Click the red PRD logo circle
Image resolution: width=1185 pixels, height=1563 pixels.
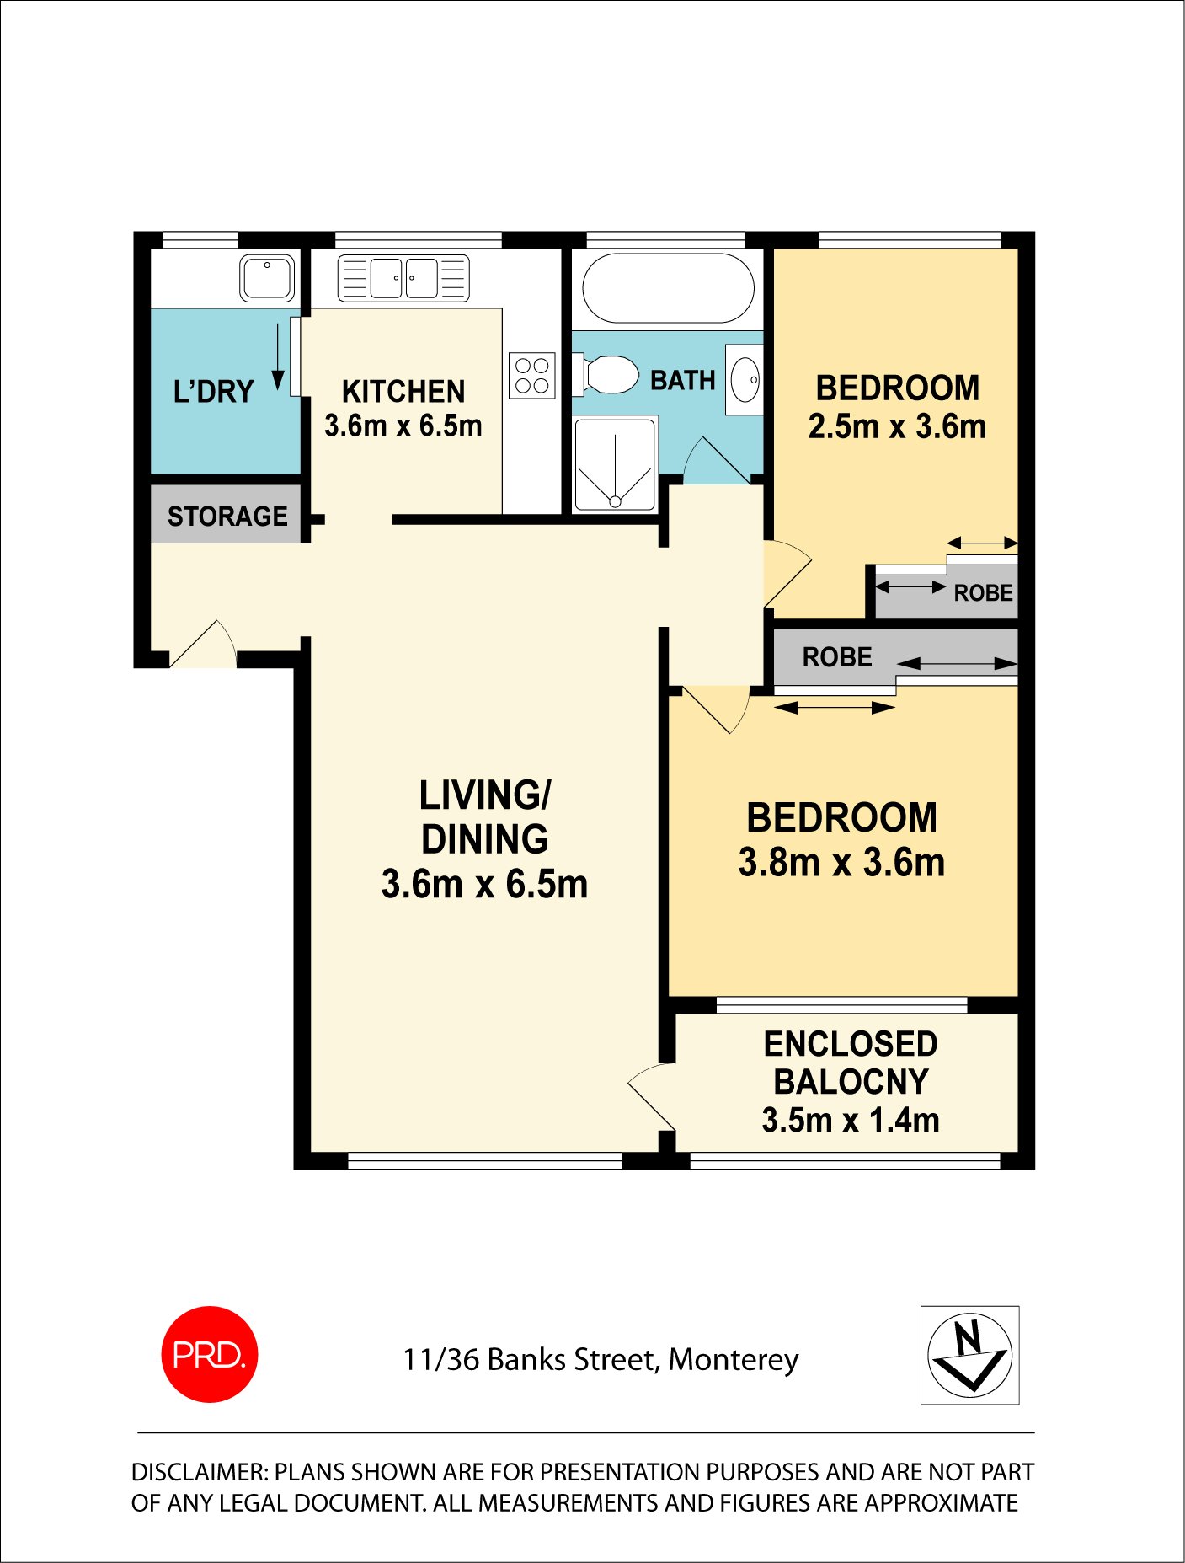pyautogui.click(x=209, y=1354)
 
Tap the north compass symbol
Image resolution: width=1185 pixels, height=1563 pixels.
pyautogui.click(x=969, y=1355)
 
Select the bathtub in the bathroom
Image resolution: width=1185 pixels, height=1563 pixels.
pyautogui.click(x=668, y=288)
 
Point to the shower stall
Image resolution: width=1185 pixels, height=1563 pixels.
pyautogui.click(x=615, y=464)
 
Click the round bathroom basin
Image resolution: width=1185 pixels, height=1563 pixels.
pyautogui.click(x=745, y=380)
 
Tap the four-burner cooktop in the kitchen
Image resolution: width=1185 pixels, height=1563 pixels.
pyautogui.click(x=532, y=376)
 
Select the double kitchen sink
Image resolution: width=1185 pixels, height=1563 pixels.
pyautogui.click(x=403, y=279)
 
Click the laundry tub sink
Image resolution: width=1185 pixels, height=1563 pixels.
pyautogui.click(x=267, y=278)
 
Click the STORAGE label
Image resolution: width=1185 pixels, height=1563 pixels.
pyautogui.click(x=227, y=516)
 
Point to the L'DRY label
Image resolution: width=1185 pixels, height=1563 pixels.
pyautogui.click(x=213, y=392)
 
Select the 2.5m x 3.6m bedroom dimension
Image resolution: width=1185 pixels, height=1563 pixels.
pyautogui.click(x=897, y=427)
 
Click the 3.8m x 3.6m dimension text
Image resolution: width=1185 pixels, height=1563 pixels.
pyautogui.click(x=841, y=863)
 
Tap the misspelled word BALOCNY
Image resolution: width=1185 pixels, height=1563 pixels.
pyautogui.click(x=851, y=1082)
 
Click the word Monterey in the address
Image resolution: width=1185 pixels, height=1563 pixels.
pyautogui.click(x=733, y=1360)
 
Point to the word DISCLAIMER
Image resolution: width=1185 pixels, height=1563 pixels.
pyautogui.click(x=199, y=1472)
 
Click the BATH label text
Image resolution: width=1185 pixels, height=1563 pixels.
pyautogui.click(x=682, y=381)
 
